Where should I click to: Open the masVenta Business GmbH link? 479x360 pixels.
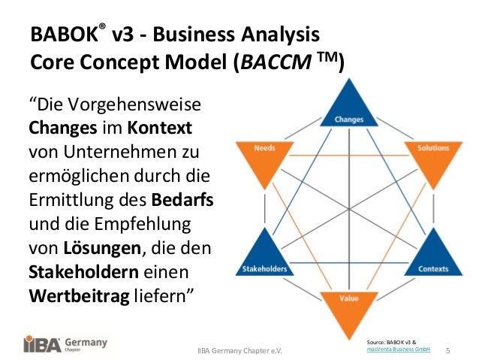click(x=398, y=349)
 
